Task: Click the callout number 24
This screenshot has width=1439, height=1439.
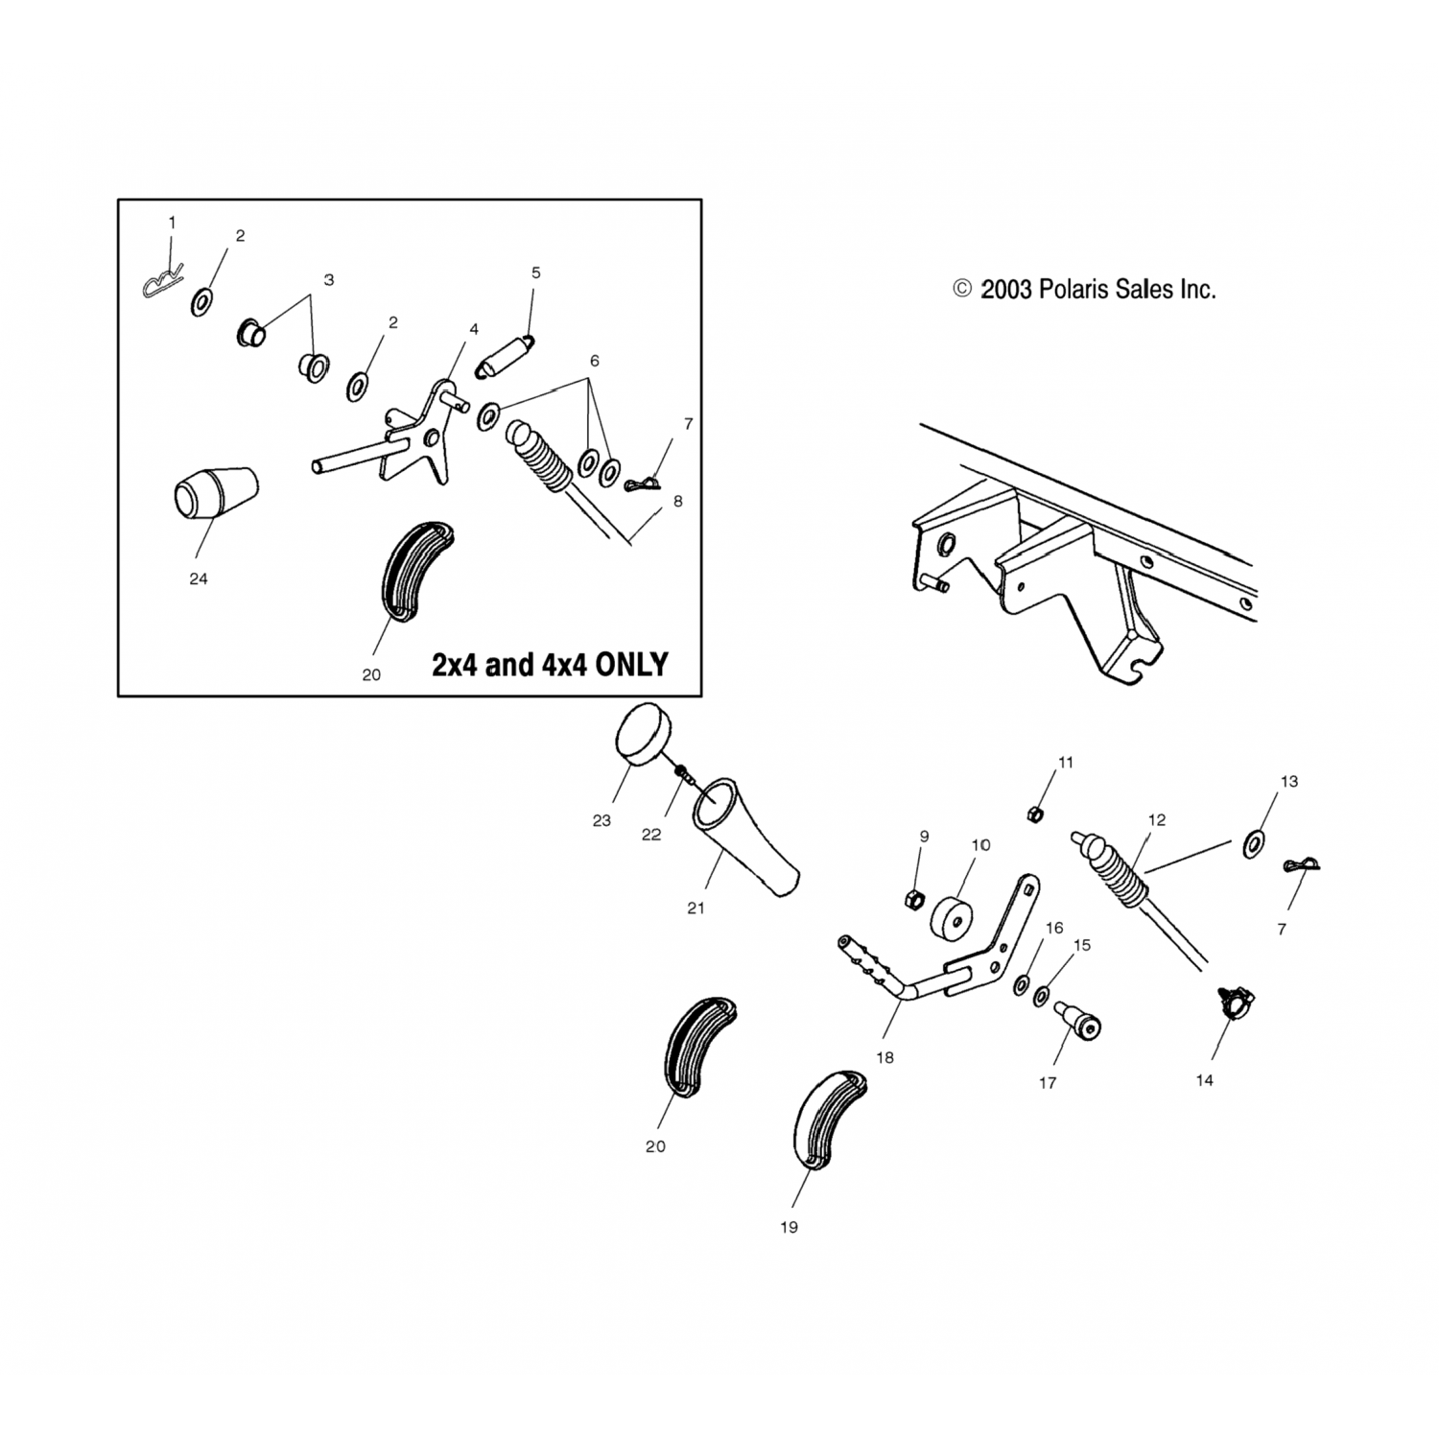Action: pyautogui.click(x=199, y=579)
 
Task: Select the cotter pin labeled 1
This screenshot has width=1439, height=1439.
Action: pyautogui.click(x=164, y=283)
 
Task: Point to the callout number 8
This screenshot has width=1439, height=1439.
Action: pyautogui.click(x=677, y=501)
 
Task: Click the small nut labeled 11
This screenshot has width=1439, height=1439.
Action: pyautogui.click(x=1035, y=814)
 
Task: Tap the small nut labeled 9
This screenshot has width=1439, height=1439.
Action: pyautogui.click(x=914, y=899)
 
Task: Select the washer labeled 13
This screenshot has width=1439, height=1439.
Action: pyautogui.click(x=1254, y=845)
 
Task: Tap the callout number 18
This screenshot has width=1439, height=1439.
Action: pyautogui.click(x=885, y=1057)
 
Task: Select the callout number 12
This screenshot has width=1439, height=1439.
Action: pyautogui.click(x=1157, y=820)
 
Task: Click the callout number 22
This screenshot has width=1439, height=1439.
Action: pyautogui.click(x=651, y=835)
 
